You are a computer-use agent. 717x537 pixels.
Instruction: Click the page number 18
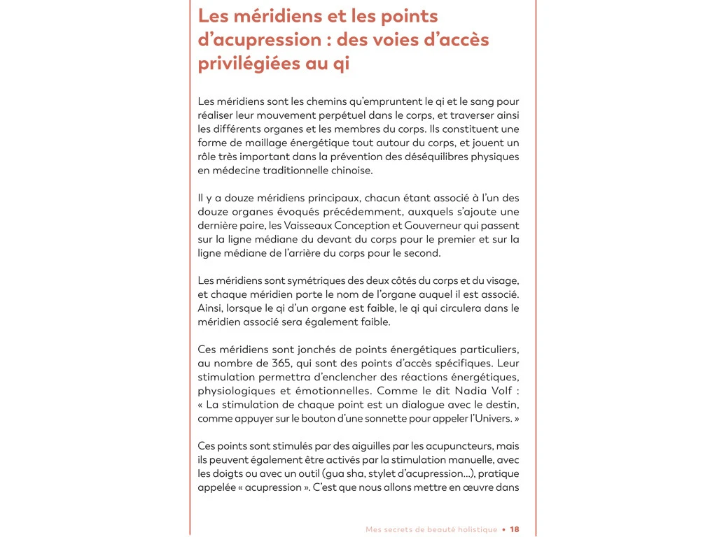(x=515, y=529)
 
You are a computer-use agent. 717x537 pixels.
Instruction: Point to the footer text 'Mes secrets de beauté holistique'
(x=431, y=529)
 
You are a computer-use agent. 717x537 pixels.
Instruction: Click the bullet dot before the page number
(x=504, y=529)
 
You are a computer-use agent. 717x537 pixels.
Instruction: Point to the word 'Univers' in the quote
(x=492, y=418)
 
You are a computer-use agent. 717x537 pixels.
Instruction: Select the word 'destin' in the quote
(x=504, y=404)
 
